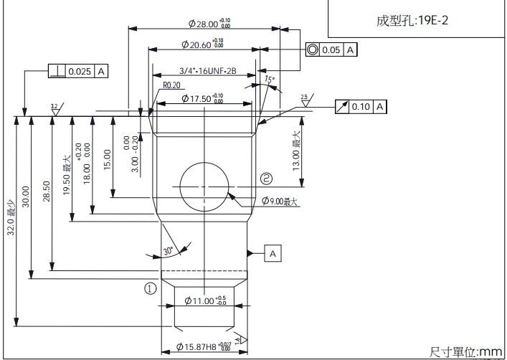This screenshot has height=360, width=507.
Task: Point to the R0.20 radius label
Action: point(171,85)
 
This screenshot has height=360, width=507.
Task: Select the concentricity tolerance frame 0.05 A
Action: point(331,50)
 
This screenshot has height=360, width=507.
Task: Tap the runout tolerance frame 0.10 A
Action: point(361,106)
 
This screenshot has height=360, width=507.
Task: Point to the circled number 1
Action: point(151,288)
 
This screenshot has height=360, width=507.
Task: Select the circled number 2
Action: point(267,178)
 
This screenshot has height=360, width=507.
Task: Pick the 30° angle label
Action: point(169,251)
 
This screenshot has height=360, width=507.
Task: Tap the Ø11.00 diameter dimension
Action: point(205,300)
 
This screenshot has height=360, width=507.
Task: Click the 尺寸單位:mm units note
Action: point(466,351)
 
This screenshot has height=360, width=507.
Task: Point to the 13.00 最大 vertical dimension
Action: point(296,148)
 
